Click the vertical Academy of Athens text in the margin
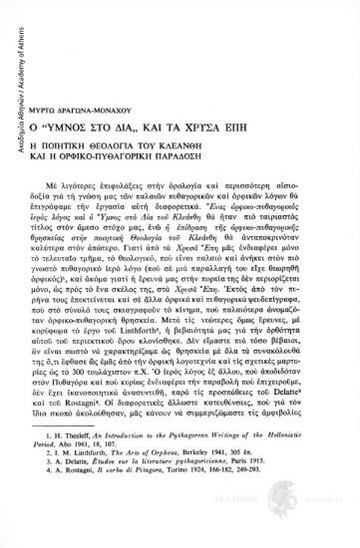pyautogui.click(x=9, y=69)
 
